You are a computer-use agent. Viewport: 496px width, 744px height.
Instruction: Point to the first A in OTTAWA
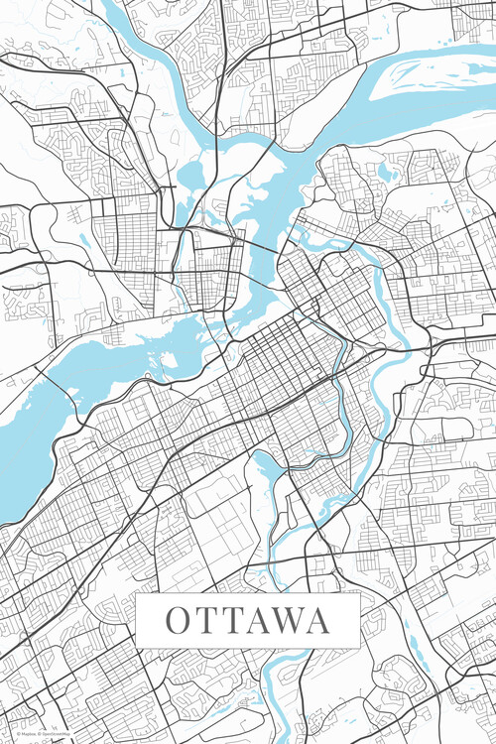click(256, 621)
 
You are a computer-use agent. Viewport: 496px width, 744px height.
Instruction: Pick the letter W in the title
click(287, 621)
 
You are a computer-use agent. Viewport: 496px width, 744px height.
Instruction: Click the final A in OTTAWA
click(317, 621)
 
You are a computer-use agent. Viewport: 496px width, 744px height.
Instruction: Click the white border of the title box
click(248, 596)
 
